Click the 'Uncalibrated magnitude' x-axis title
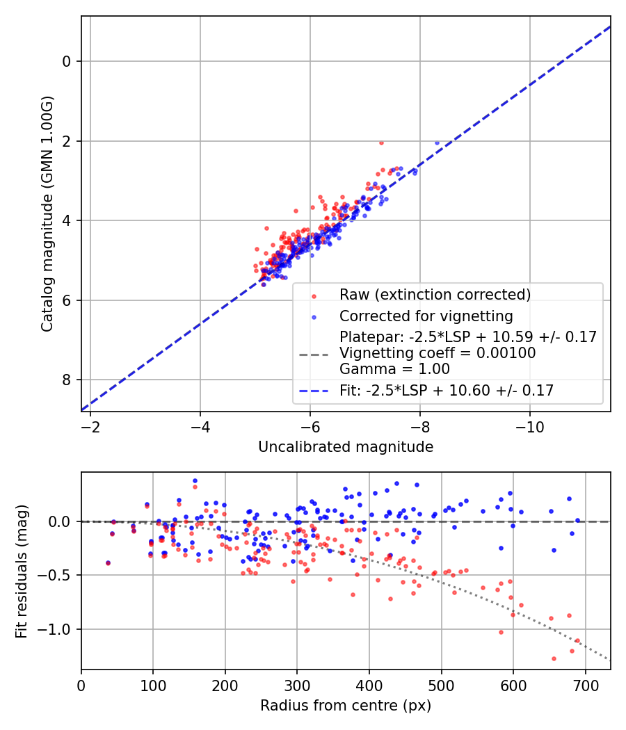point(346,446)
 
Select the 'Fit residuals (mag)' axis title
point(22,570)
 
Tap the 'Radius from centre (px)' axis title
point(346,706)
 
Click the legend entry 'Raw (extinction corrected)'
point(435,294)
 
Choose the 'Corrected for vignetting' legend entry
point(426,316)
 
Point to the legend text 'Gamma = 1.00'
point(394,369)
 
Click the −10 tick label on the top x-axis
point(530,424)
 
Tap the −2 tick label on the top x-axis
point(90,424)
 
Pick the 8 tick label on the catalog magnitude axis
point(67,380)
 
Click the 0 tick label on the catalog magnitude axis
point(67,62)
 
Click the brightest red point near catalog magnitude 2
point(381,143)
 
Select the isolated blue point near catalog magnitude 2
point(437,143)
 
